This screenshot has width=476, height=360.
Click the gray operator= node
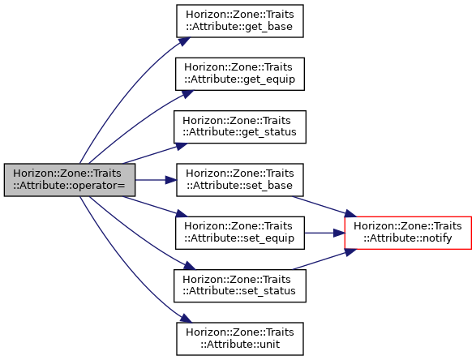click(70, 180)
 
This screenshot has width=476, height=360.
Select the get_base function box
click(240, 21)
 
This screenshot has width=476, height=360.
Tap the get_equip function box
click(240, 74)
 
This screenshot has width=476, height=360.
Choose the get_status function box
click(240, 126)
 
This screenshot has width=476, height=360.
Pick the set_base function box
click(240, 180)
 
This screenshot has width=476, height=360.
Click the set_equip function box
click(240, 233)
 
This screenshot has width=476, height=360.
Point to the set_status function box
click(240, 286)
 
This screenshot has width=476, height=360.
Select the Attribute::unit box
click(240, 339)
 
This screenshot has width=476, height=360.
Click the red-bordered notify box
click(408, 233)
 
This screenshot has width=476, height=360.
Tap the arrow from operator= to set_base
click(156, 180)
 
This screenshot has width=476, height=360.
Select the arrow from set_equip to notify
click(324, 233)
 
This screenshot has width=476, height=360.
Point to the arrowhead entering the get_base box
click(185, 41)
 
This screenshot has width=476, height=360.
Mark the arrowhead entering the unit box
click(186, 318)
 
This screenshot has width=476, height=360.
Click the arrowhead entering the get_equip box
click(187, 94)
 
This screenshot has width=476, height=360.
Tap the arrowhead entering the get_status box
click(181, 146)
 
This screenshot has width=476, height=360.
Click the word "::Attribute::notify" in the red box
click(408, 238)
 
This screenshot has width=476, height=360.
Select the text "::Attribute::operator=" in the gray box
click(70, 186)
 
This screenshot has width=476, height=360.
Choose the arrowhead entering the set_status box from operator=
click(189, 266)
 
